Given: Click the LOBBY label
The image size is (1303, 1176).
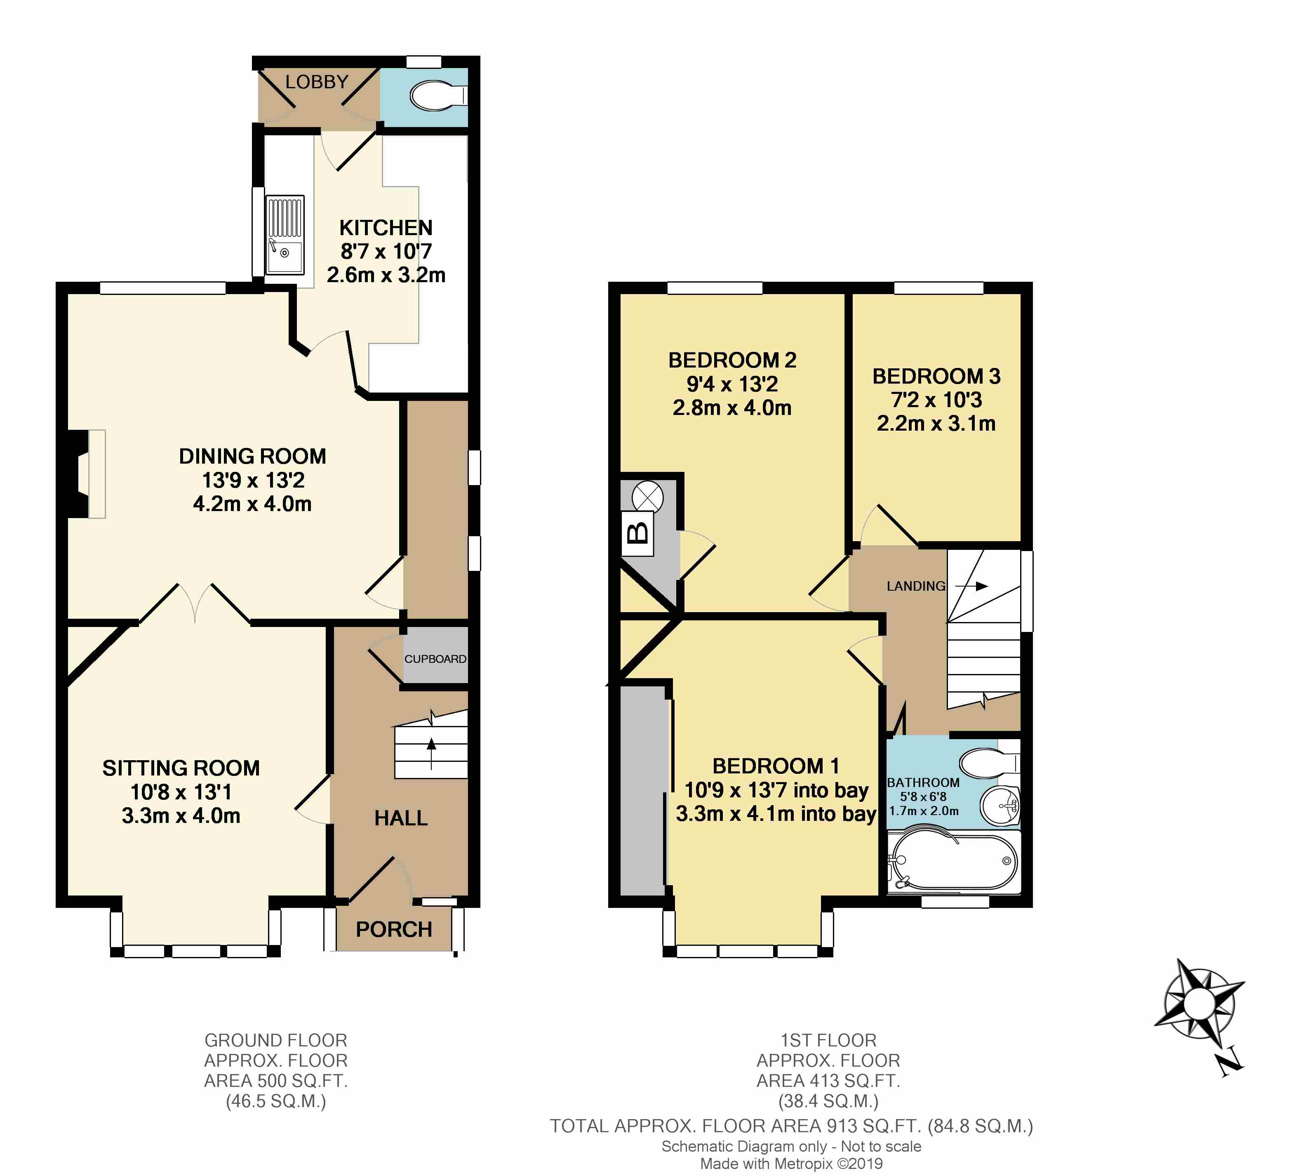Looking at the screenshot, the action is (317, 82).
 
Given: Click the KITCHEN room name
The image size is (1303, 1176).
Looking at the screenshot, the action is (386, 227).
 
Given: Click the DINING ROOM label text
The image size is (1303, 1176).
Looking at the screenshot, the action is (253, 456).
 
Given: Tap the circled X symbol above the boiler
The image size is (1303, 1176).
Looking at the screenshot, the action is (647, 497).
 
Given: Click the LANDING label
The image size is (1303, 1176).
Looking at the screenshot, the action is (916, 586).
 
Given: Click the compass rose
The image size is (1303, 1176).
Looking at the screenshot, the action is (1200, 1009).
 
